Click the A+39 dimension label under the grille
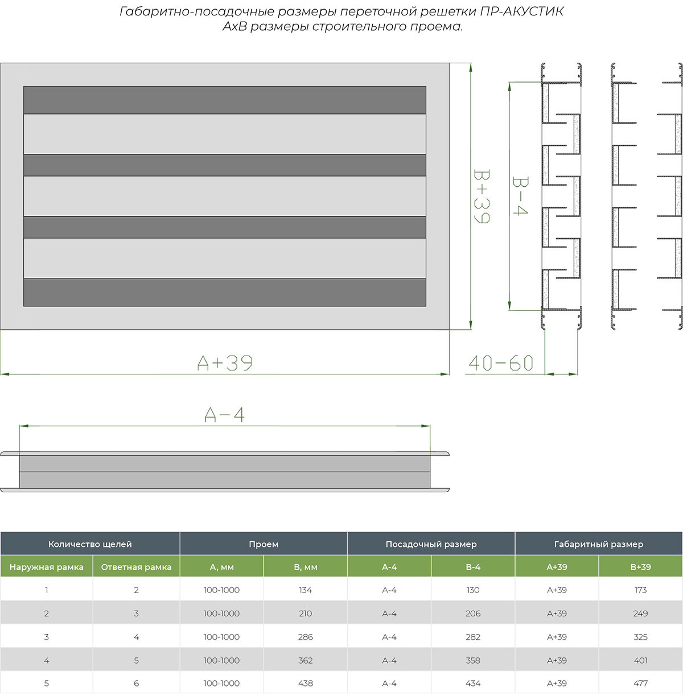click(225, 363)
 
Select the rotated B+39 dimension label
click(481, 196)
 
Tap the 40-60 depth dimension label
click(501, 363)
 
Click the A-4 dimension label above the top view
click(225, 415)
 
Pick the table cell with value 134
click(306, 590)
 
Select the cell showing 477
click(640, 683)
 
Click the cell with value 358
click(473, 660)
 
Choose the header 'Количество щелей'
click(90, 544)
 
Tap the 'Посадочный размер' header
click(431, 544)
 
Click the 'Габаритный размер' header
click(598, 544)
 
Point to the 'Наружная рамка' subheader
click(47, 567)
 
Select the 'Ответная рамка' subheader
click(136, 567)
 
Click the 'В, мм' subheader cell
click(306, 567)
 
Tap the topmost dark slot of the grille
click(225, 100)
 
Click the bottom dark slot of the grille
click(225, 292)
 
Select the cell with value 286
click(306, 637)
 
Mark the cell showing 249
click(640, 614)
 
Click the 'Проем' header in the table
click(264, 544)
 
